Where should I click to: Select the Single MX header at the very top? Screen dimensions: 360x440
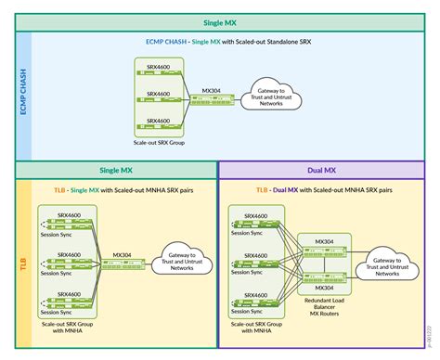pyautogui.click(x=219, y=22)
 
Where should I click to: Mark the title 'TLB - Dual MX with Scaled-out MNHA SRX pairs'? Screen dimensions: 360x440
pyautogui.click(x=325, y=189)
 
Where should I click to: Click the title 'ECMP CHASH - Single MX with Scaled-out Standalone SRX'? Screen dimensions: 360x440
pyautogui.click(x=219, y=43)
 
